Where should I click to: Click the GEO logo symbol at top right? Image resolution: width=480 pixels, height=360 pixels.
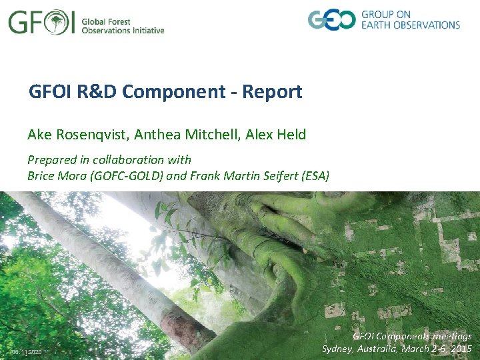[331, 19]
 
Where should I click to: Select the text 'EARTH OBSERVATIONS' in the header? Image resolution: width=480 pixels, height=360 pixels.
[411, 25]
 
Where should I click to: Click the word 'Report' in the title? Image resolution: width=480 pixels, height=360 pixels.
[275, 91]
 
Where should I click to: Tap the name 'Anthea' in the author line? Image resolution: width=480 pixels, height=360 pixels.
[156, 135]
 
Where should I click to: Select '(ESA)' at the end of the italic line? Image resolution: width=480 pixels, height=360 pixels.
[312, 176]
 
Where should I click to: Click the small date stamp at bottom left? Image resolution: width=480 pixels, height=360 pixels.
[26, 351]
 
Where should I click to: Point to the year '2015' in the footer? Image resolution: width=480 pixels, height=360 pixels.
[460, 349]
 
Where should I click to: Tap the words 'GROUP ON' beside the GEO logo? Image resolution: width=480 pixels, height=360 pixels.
[386, 13]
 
